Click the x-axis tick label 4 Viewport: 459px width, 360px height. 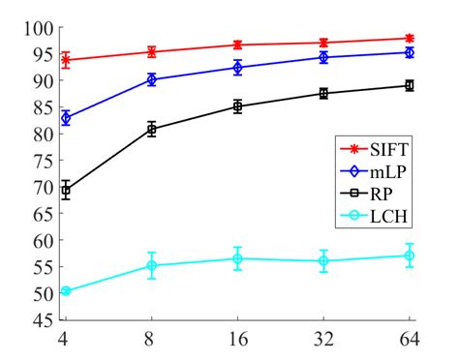(x=65, y=340)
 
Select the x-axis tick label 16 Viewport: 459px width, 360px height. (x=237, y=340)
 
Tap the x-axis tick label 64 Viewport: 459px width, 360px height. (x=409, y=340)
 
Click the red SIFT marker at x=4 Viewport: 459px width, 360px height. (x=65, y=60)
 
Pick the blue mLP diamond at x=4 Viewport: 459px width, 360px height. (x=65, y=118)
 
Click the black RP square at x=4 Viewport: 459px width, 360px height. (x=65, y=191)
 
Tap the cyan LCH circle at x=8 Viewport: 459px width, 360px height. (x=151, y=265)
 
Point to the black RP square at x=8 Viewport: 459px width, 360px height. (x=151, y=129)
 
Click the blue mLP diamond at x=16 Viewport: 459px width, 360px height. (x=237, y=68)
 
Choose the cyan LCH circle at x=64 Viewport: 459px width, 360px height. (x=409, y=255)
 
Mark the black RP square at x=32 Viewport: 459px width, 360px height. (x=323, y=93)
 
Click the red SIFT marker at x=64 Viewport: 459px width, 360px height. (x=409, y=38)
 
